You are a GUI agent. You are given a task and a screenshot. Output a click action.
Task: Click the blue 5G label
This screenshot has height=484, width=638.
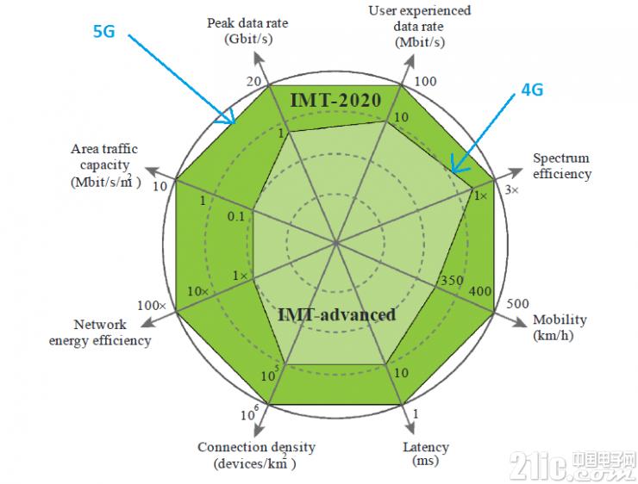pyautogui.click(x=104, y=31)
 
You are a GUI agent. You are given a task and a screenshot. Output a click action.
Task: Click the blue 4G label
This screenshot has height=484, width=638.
pyautogui.click(x=532, y=90)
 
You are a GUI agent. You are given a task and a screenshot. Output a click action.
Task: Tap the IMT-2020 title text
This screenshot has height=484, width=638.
pyautogui.click(x=335, y=101)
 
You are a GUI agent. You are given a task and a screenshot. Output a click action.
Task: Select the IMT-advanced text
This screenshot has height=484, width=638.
pyautogui.click(x=336, y=314)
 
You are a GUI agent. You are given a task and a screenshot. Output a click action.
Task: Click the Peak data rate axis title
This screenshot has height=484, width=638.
pyautogui.click(x=247, y=30)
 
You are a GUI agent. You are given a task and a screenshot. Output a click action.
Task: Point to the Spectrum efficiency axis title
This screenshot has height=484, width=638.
pyautogui.click(x=562, y=166)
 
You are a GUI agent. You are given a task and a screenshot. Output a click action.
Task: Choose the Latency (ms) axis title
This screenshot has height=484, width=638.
pyautogui.click(x=426, y=454)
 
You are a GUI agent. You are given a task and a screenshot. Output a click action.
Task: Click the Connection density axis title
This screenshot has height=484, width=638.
pyautogui.click(x=256, y=455)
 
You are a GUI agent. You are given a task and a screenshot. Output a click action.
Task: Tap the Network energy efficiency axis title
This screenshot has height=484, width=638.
pyautogui.click(x=100, y=332)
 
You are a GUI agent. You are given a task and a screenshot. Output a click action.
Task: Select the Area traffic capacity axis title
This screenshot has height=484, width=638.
pyautogui.click(x=105, y=165)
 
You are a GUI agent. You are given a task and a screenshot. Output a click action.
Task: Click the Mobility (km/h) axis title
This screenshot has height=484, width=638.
pyautogui.click(x=560, y=327)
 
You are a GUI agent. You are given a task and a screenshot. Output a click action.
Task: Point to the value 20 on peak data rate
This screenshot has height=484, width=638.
pyautogui.click(x=253, y=82)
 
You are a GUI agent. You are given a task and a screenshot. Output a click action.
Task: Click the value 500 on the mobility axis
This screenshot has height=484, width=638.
pyautogui.click(x=517, y=304)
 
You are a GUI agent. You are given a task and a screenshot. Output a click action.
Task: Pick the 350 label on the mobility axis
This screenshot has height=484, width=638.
pyautogui.click(x=452, y=281)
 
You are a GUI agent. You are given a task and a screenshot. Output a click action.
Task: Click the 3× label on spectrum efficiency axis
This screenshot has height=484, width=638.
pyautogui.click(x=512, y=189)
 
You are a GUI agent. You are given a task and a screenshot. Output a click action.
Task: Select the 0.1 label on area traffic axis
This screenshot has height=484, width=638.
pyautogui.click(x=236, y=217)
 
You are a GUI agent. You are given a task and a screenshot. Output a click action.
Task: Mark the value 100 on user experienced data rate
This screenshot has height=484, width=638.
pyautogui.click(x=425, y=81)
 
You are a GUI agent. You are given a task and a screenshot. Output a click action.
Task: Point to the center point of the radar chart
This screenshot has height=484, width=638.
pyautogui.click(x=336, y=243)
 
